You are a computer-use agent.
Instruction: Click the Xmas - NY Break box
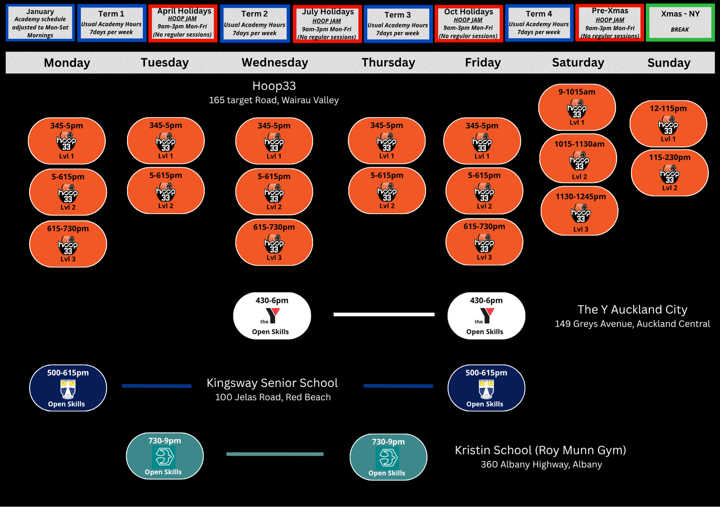point(680,22)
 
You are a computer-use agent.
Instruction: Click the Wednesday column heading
point(275,63)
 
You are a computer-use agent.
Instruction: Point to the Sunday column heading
point(669,63)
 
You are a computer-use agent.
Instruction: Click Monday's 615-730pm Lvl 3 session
point(68,244)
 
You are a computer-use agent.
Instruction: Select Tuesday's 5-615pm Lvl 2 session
point(166,191)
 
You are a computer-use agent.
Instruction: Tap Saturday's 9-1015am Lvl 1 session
point(577,107)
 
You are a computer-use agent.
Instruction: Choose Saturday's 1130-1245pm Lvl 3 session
point(579,211)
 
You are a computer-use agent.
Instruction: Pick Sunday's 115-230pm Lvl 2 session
point(670,173)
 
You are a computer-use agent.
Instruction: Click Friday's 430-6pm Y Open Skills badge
point(486,316)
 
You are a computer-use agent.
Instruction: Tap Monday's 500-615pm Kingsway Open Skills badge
point(68,388)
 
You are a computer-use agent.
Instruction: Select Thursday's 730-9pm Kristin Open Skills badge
point(388,457)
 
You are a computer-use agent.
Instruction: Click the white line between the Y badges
point(384,314)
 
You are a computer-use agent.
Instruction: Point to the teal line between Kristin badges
point(275,454)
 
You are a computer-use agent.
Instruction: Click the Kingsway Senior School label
point(272,383)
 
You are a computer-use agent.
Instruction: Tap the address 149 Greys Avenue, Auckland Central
point(632,324)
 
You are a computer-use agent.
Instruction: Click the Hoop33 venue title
point(274,86)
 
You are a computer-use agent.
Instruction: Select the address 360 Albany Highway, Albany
point(541,465)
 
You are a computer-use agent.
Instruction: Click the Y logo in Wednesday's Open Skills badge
point(273,316)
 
